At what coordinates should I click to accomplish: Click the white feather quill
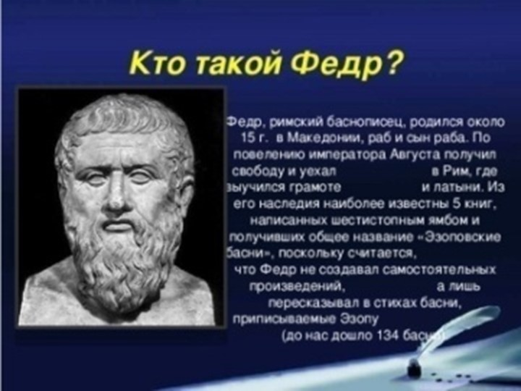coord(463,326)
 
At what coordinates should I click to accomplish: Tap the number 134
coord(395,336)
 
